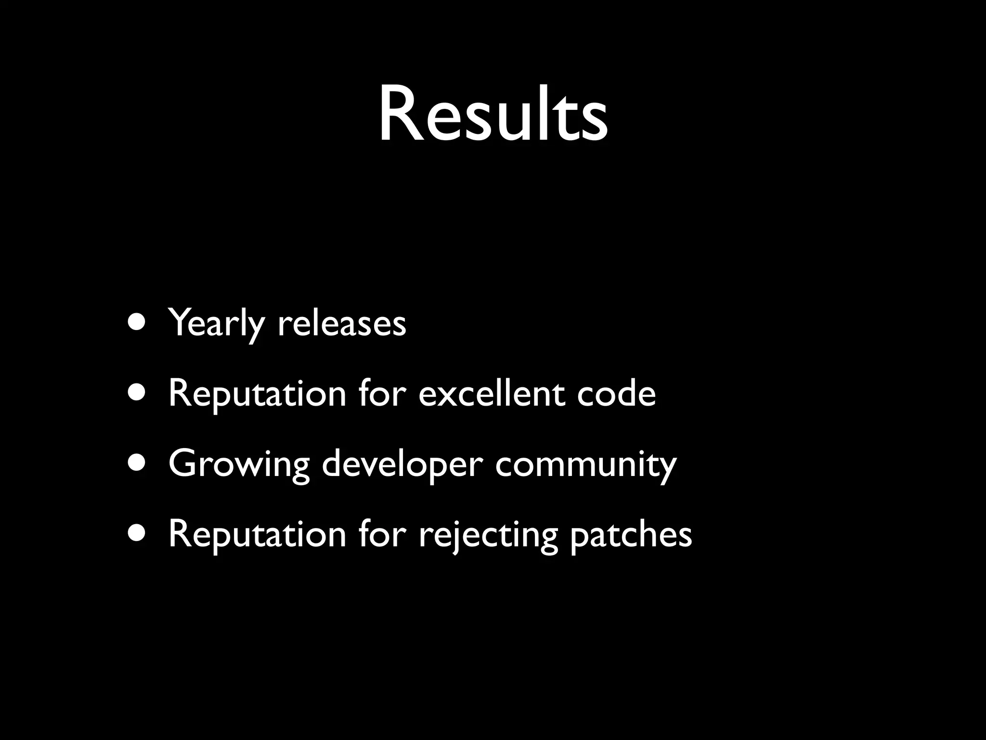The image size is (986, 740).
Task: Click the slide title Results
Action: point(493,115)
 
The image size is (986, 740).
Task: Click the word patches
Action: point(631,534)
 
